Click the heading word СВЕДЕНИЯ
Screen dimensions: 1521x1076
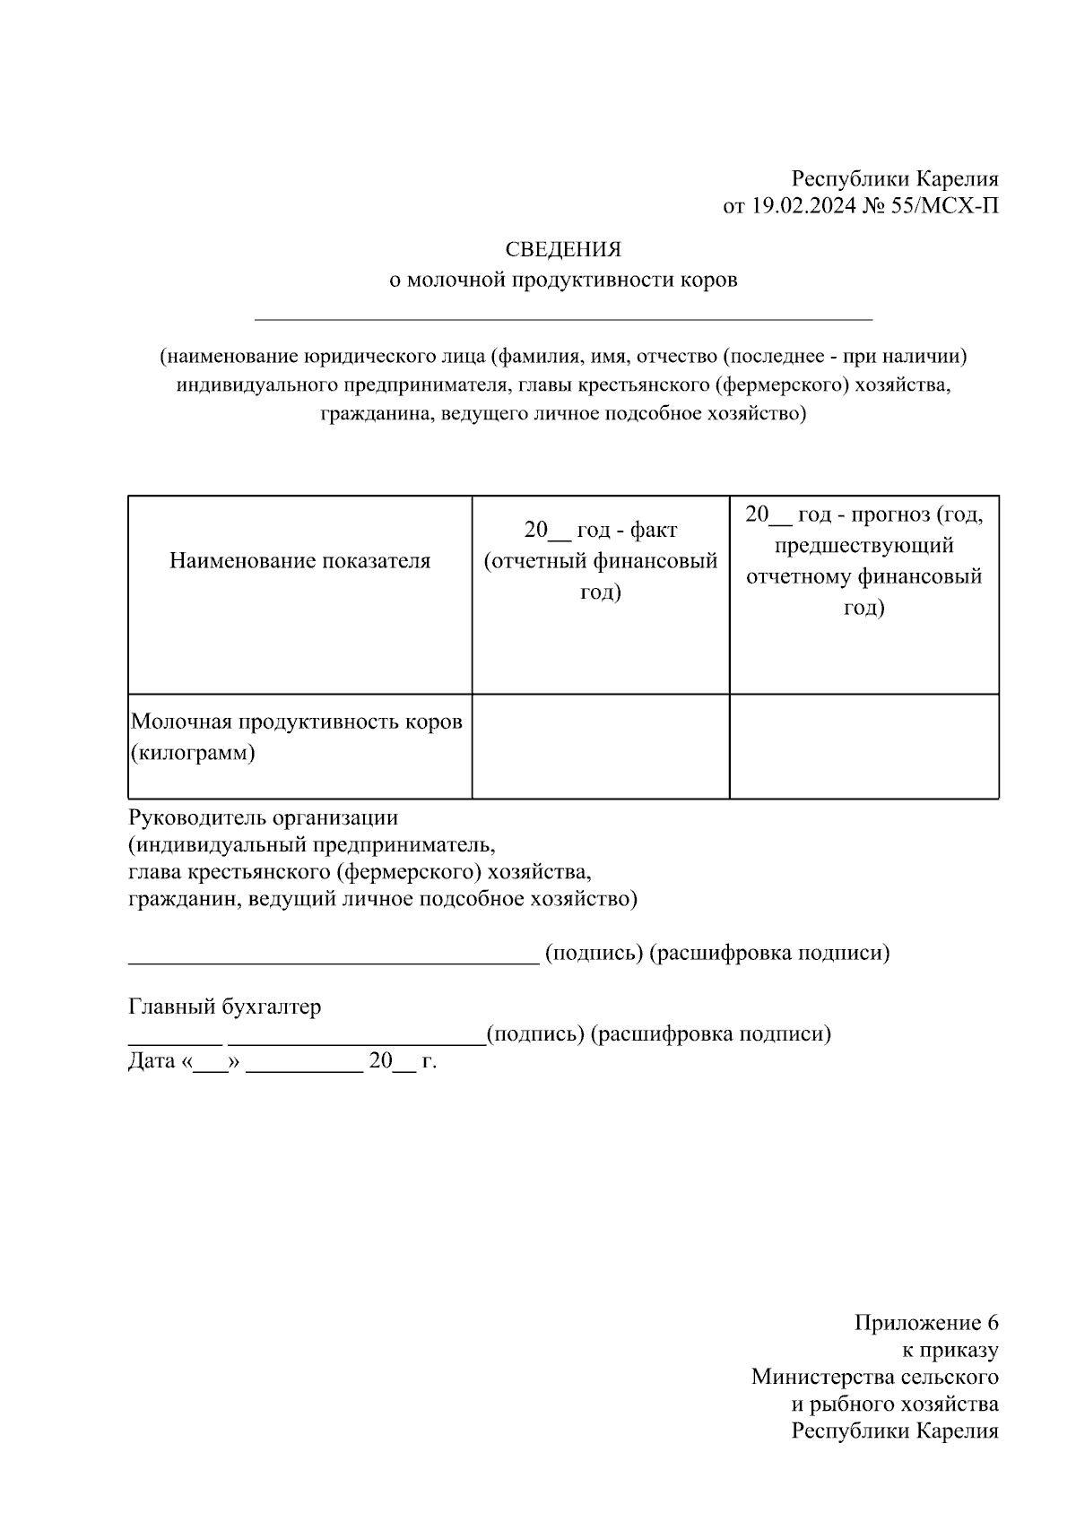click(x=562, y=249)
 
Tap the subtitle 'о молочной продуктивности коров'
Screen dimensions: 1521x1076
click(x=562, y=280)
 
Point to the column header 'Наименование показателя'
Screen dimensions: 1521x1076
click(x=299, y=561)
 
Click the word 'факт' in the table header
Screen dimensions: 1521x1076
click(x=653, y=530)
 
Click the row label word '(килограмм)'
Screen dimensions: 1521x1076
click(x=193, y=752)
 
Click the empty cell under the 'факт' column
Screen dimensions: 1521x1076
click(x=600, y=746)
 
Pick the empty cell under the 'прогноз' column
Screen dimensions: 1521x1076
click(x=863, y=746)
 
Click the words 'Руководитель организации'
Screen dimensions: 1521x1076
click(x=263, y=817)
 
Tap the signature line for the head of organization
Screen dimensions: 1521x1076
click(x=333, y=960)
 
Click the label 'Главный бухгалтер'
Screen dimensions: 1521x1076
click(x=224, y=1007)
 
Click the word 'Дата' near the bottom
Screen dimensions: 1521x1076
click(x=152, y=1061)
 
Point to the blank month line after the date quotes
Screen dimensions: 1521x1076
click(x=304, y=1068)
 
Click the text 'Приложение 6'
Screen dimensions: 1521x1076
click(x=925, y=1323)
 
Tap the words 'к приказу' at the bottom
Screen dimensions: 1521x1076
click(x=949, y=1350)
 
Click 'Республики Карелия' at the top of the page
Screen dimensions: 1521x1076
click(x=894, y=179)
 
